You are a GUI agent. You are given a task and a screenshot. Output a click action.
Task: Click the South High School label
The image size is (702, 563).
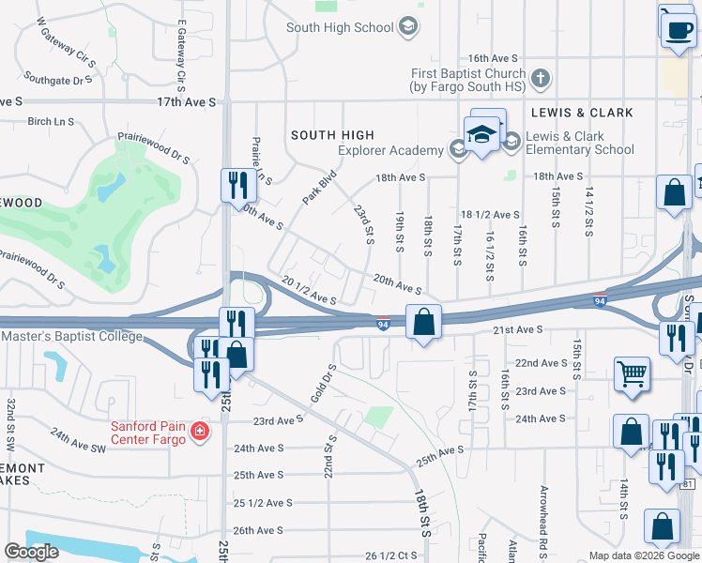point(340,27)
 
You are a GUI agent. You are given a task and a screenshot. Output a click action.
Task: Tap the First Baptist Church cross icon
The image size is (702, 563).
point(540,78)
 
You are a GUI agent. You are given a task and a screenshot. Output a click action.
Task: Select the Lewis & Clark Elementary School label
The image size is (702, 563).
point(579,143)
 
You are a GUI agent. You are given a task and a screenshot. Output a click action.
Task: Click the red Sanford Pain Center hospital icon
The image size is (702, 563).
point(199,432)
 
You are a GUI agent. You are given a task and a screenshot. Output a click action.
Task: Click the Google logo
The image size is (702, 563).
point(31,552)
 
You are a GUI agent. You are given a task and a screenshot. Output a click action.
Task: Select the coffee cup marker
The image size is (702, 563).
point(678,29)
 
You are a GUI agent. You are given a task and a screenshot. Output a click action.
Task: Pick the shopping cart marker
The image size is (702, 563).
point(633,373)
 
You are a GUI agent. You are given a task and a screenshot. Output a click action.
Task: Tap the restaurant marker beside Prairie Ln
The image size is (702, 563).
point(237,184)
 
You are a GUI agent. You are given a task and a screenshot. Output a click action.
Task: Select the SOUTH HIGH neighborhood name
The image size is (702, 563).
point(332,135)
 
